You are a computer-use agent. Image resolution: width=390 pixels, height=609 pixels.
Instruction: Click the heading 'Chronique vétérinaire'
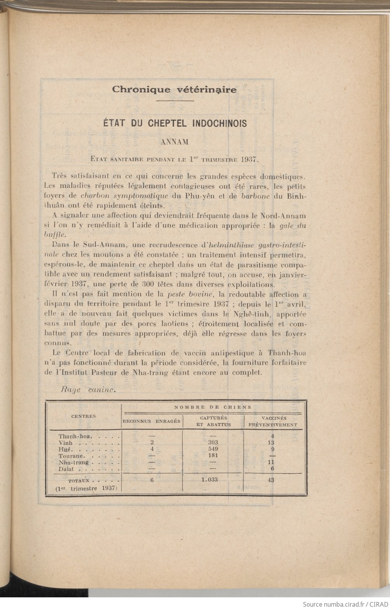[174, 89]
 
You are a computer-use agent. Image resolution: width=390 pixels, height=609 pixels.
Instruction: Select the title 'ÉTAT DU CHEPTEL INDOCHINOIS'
[174, 123]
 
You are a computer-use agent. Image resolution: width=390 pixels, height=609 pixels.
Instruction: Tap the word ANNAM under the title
[174, 142]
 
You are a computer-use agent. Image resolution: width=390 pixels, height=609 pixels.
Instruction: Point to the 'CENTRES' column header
[83, 416]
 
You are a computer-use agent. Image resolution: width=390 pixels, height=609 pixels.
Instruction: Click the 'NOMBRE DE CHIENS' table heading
[212, 407]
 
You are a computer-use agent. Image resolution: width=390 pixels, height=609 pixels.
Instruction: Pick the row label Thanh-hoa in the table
[75, 436]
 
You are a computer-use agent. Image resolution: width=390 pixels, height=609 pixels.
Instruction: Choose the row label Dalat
[66, 469]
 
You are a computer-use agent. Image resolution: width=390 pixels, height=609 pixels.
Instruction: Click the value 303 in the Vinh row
[212, 443]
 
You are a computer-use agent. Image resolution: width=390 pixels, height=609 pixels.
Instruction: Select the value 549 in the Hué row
[212, 449]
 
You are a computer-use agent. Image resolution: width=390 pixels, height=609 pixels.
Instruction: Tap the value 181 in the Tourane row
[212, 456]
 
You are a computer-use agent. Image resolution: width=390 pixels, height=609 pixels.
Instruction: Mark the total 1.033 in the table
[210, 480]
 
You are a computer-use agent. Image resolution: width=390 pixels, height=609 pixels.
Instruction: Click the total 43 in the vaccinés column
[271, 480]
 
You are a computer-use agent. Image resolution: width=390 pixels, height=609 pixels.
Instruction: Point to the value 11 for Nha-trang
[272, 462]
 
